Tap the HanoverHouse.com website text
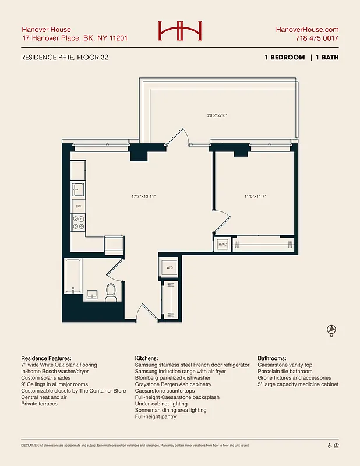pyautogui.click(x=307, y=30)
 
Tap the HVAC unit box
pyautogui.click(x=222, y=245)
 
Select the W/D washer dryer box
pyautogui.click(x=170, y=268)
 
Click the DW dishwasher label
pyautogui.click(x=78, y=206)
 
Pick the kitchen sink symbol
pyautogui.click(x=78, y=189)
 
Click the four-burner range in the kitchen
pyautogui.click(x=78, y=223)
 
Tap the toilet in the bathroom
pyautogui.click(x=111, y=292)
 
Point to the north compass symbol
pyautogui.click(x=331, y=329)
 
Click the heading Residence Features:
pyautogui.click(x=46, y=358)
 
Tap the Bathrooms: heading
pyautogui.click(x=276, y=358)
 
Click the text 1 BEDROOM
pyautogui.click(x=284, y=57)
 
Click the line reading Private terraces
pyautogui.click(x=39, y=404)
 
